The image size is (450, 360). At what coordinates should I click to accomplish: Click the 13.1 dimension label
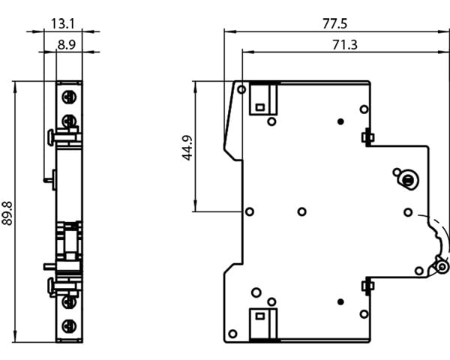pyautogui.click(x=63, y=23)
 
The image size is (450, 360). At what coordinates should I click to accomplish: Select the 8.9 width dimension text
pyautogui.click(x=66, y=44)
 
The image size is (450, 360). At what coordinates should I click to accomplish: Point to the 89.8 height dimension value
pyautogui.click(x=8, y=213)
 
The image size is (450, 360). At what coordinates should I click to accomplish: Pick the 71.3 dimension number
pyautogui.click(x=344, y=44)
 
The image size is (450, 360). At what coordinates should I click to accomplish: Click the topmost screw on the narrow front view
pyautogui.click(x=69, y=97)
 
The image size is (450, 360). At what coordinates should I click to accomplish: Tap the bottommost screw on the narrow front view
pyautogui.click(x=69, y=326)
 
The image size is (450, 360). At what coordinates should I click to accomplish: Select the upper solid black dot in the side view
pyautogui.click(x=340, y=121)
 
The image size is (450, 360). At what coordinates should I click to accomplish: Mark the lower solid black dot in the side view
pyautogui.click(x=340, y=301)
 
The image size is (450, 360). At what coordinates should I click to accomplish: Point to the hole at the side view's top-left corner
pyautogui.click(x=241, y=90)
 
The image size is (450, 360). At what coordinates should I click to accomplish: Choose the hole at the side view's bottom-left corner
pyautogui.click(x=233, y=334)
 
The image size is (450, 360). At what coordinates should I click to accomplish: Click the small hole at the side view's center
pyautogui.click(x=301, y=212)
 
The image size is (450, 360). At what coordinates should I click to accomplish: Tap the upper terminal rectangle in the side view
pyautogui.click(x=262, y=98)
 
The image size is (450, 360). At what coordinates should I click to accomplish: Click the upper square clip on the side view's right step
pyautogui.click(x=367, y=136)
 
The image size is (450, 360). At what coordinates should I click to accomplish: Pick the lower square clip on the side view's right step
pyautogui.click(x=367, y=285)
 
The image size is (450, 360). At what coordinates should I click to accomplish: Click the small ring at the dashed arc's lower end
pyautogui.click(x=442, y=267)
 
